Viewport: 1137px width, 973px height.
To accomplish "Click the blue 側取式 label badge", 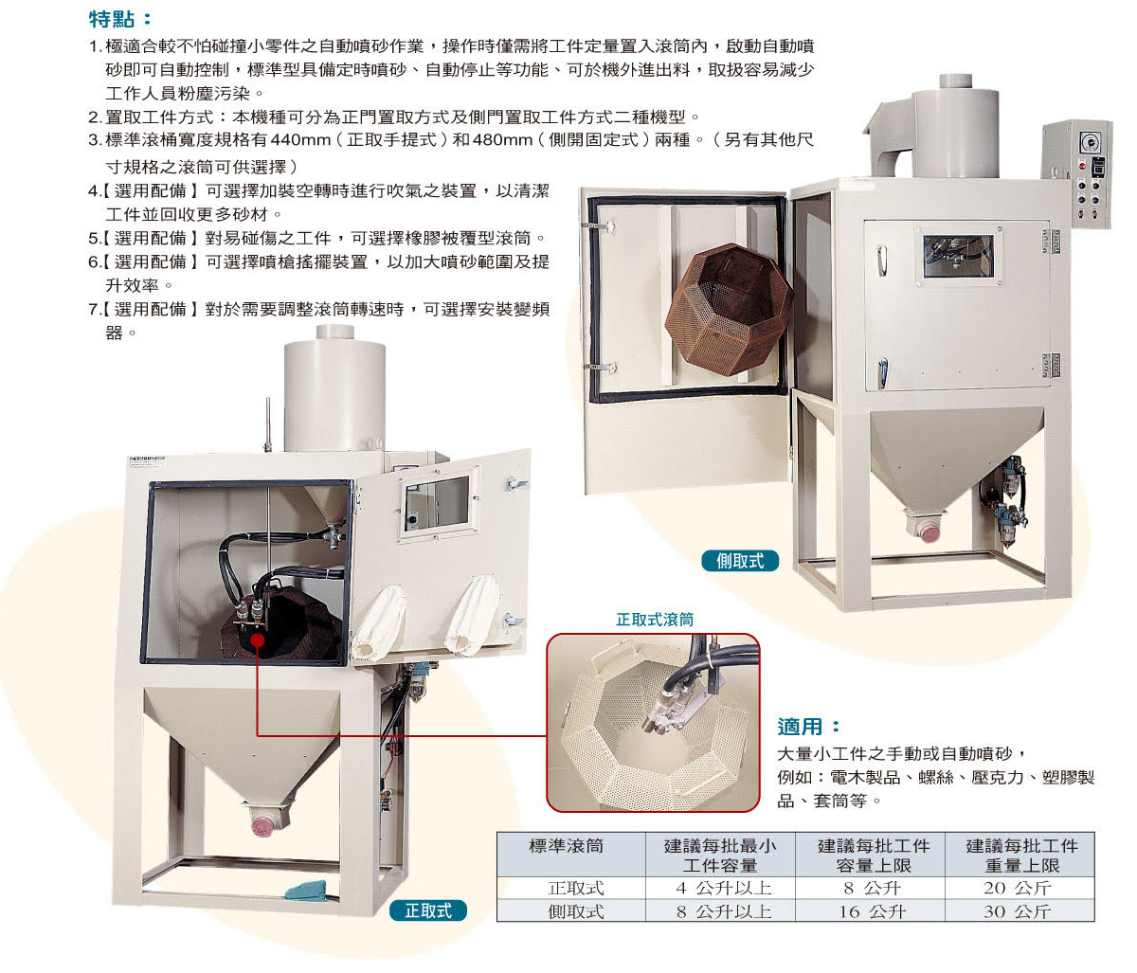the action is click(x=740, y=561).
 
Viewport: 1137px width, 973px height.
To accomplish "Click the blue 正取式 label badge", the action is click(x=428, y=910).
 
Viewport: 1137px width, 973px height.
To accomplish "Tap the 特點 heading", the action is click(x=120, y=20).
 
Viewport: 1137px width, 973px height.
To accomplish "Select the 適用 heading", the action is click(x=808, y=727).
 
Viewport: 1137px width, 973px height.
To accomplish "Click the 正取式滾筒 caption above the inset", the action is click(x=655, y=620).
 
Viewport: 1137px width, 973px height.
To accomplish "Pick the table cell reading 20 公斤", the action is click(x=1020, y=888).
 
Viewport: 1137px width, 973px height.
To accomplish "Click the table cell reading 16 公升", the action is click(x=870, y=911).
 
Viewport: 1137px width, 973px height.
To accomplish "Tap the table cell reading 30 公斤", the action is click(x=1020, y=911).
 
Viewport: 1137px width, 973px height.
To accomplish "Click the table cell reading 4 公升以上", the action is click(x=721, y=888).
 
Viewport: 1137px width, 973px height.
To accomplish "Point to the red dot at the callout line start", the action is click(x=257, y=640).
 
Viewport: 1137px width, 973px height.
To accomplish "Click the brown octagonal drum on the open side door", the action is click(x=729, y=309).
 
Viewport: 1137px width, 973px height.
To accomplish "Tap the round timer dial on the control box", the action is click(x=1090, y=143).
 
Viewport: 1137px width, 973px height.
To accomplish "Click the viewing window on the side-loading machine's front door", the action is click(x=958, y=257).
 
